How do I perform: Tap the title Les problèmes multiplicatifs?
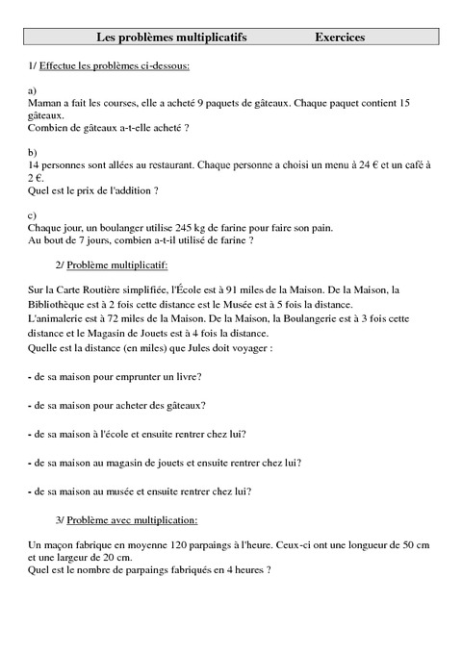click(x=172, y=38)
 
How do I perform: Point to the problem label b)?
click(x=34, y=153)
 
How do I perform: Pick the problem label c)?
click(x=34, y=215)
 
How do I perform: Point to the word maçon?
click(x=63, y=545)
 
